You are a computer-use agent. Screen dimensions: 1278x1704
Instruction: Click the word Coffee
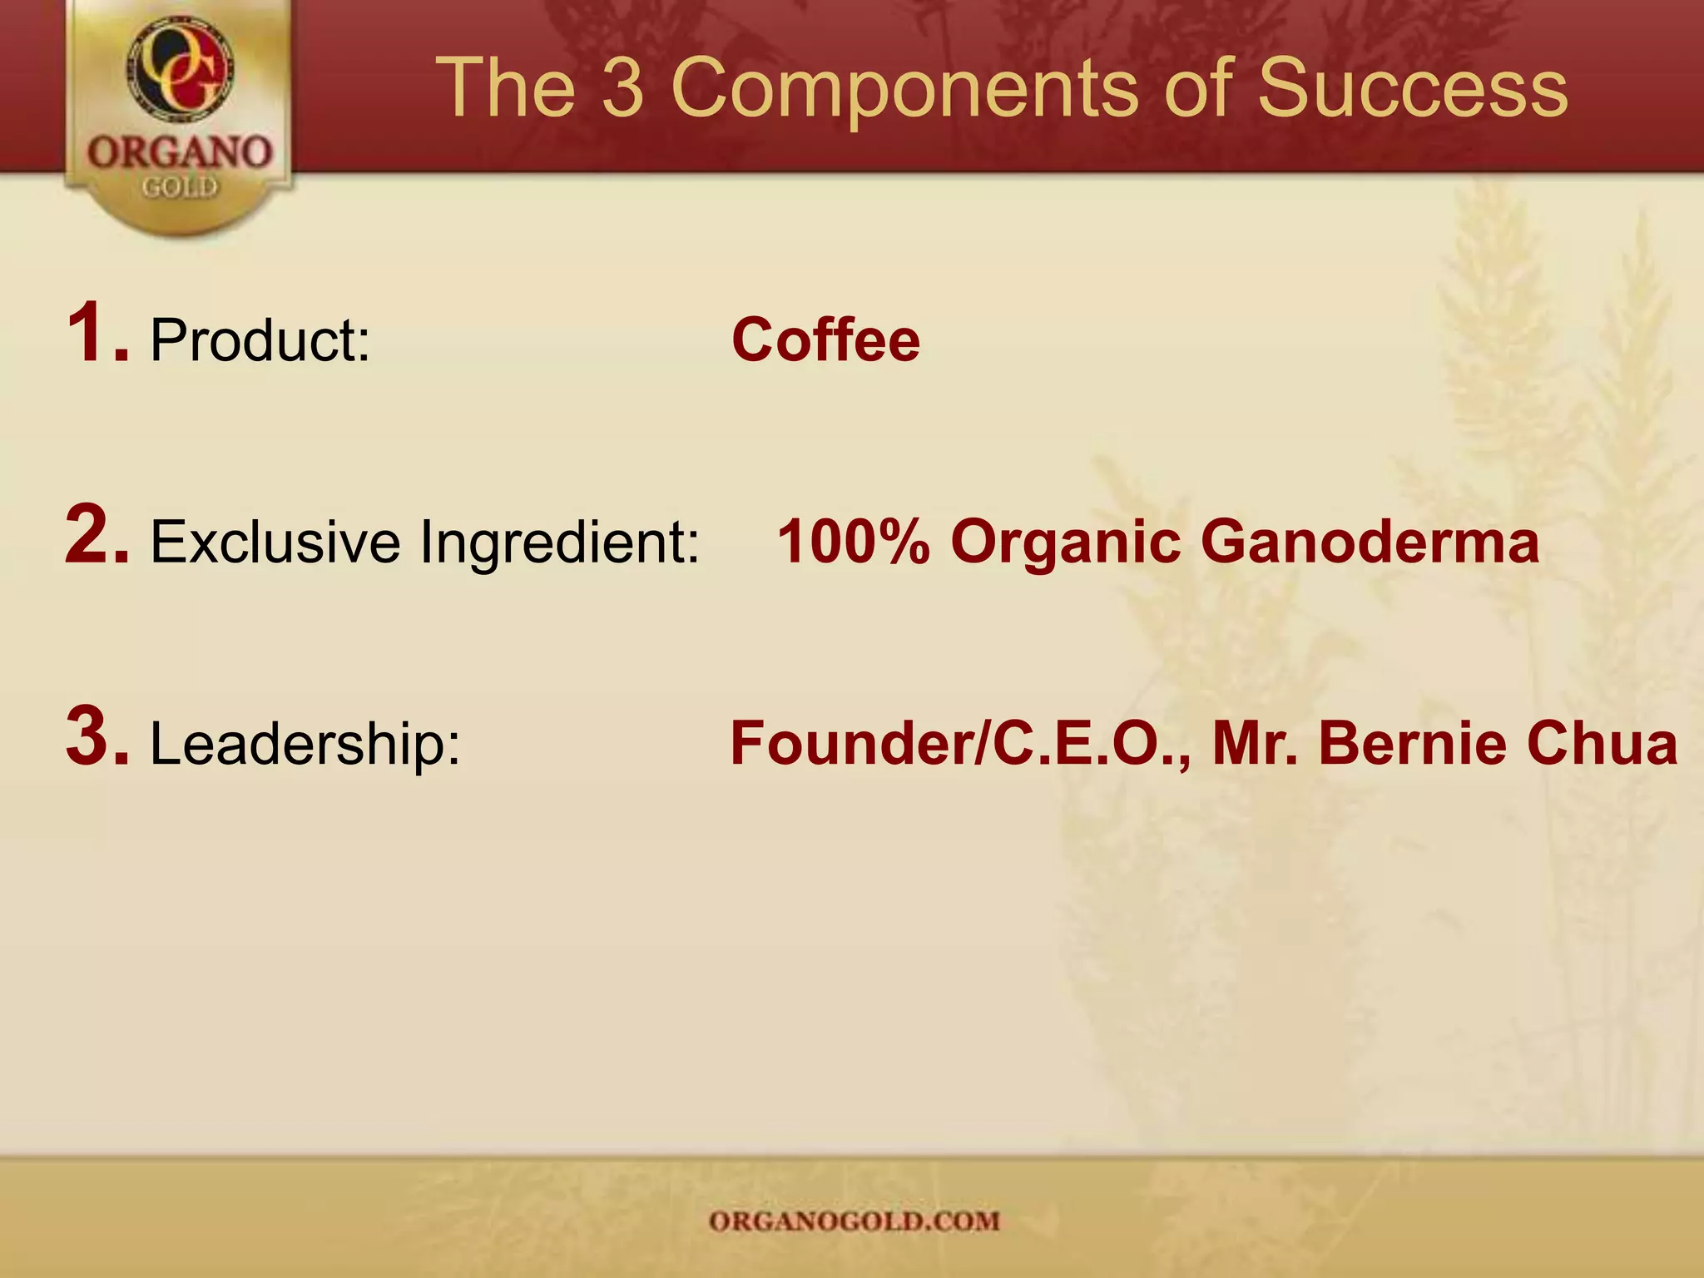tap(825, 340)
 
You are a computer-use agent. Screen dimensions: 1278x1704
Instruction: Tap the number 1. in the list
tap(97, 334)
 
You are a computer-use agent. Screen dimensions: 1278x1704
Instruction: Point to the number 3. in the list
tap(97, 737)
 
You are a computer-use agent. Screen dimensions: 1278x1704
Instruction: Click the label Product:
tap(260, 342)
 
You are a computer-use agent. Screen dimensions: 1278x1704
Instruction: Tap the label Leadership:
tap(305, 744)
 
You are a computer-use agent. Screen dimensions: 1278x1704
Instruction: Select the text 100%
tap(853, 542)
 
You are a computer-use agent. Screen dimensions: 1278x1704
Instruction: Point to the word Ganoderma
tap(1370, 542)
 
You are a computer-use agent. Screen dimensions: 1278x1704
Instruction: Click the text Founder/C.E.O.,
tap(960, 744)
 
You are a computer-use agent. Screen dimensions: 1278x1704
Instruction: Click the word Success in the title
tap(1412, 87)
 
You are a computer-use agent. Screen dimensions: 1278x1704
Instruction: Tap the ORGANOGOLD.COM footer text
tap(854, 1221)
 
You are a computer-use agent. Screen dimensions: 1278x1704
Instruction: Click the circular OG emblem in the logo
tap(180, 69)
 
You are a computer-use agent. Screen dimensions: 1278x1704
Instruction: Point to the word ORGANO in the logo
tap(180, 152)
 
